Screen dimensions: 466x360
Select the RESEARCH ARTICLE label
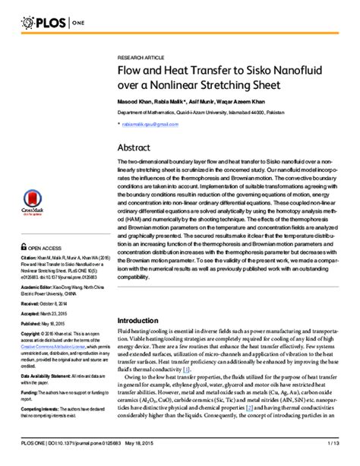[141, 59]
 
